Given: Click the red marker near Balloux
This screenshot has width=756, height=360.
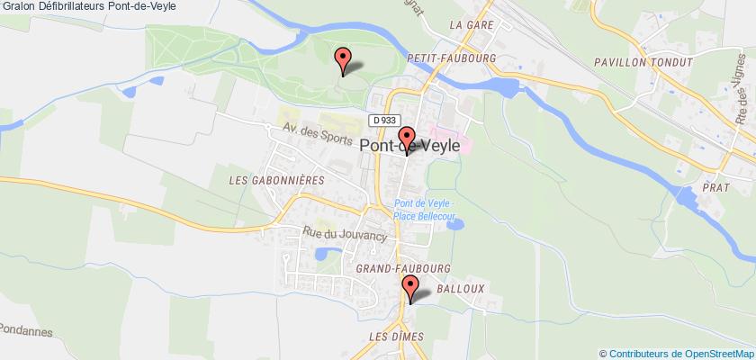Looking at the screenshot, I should coord(411,289).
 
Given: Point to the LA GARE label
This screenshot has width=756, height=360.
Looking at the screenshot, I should coord(472,25).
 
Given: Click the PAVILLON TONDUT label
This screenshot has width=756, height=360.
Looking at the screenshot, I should coord(643,62).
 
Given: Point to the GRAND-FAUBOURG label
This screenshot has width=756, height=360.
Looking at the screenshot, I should coord(402,267).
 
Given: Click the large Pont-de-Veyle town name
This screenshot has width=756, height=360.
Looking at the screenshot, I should coord(410,145).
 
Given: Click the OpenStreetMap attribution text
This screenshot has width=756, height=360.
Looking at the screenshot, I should coord(678,352).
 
